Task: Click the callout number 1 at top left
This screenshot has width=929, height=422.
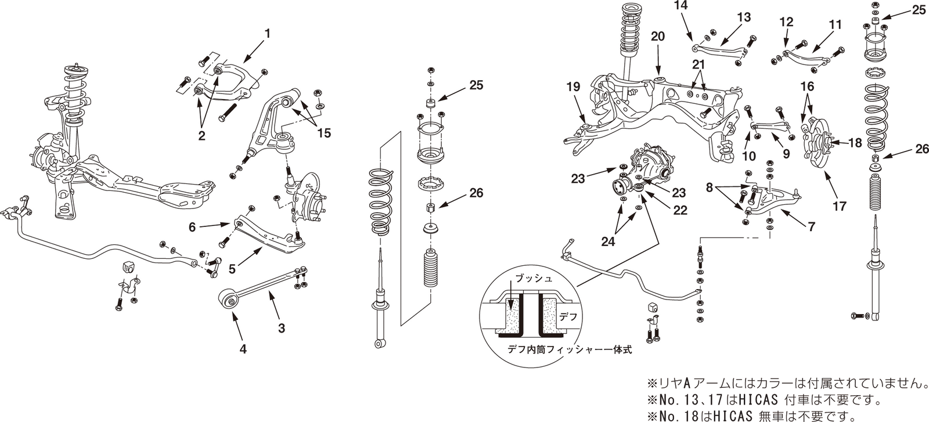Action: click(x=267, y=34)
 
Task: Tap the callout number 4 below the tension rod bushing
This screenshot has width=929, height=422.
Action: click(x=243, y=349)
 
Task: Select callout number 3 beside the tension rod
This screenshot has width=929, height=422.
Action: click(x=282, y=328)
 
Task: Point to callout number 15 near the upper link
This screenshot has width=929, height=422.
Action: click(x=323, y=134)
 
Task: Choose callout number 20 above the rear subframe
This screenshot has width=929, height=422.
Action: click(x=657, y=35)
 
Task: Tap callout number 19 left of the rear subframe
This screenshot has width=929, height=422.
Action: click(x=573, y=87)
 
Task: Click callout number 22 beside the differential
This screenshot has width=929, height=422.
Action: click(x=679, y=210)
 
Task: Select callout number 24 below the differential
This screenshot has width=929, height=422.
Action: click(x=608, y=242)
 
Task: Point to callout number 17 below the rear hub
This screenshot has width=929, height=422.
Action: click(x=840, y=205)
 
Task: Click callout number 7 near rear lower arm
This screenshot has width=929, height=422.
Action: click(x=811, y=227)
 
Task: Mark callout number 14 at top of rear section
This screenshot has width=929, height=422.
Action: click(x=680, y=5)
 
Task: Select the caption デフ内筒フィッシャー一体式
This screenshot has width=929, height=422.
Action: click(x=561, y=350)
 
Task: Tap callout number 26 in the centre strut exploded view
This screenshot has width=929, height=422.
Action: click(x=476, y=193)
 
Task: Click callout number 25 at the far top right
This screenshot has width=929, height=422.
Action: click(x=919, y=10)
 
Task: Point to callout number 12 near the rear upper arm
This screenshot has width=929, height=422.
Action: click(x=786, y=23)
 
